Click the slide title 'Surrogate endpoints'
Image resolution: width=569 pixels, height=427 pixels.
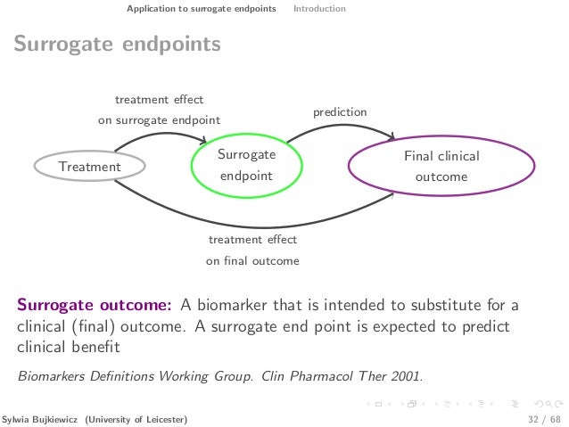(x=117, y=44)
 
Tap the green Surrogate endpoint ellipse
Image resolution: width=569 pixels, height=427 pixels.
(x=246, y=166)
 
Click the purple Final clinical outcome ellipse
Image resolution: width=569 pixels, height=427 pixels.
(x=441, y=167)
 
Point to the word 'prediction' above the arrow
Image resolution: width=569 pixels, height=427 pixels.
(x=339, y=112)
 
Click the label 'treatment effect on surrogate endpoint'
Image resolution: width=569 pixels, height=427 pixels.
(x=158, y=110)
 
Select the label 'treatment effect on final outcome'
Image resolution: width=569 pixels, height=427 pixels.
(x=252, y=250)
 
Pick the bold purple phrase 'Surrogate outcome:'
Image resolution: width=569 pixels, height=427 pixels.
(x=95, y=306)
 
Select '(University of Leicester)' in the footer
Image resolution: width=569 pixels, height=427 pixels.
(x=136, y=418)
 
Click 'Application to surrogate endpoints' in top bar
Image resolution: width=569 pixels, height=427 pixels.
(x=201, y=9)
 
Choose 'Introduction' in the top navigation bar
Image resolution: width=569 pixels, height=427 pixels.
(x=319, y=9)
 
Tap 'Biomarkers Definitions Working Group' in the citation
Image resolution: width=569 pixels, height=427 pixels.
(x=137, y=375)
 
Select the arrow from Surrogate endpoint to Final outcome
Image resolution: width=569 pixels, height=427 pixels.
(x=339, y=127)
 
